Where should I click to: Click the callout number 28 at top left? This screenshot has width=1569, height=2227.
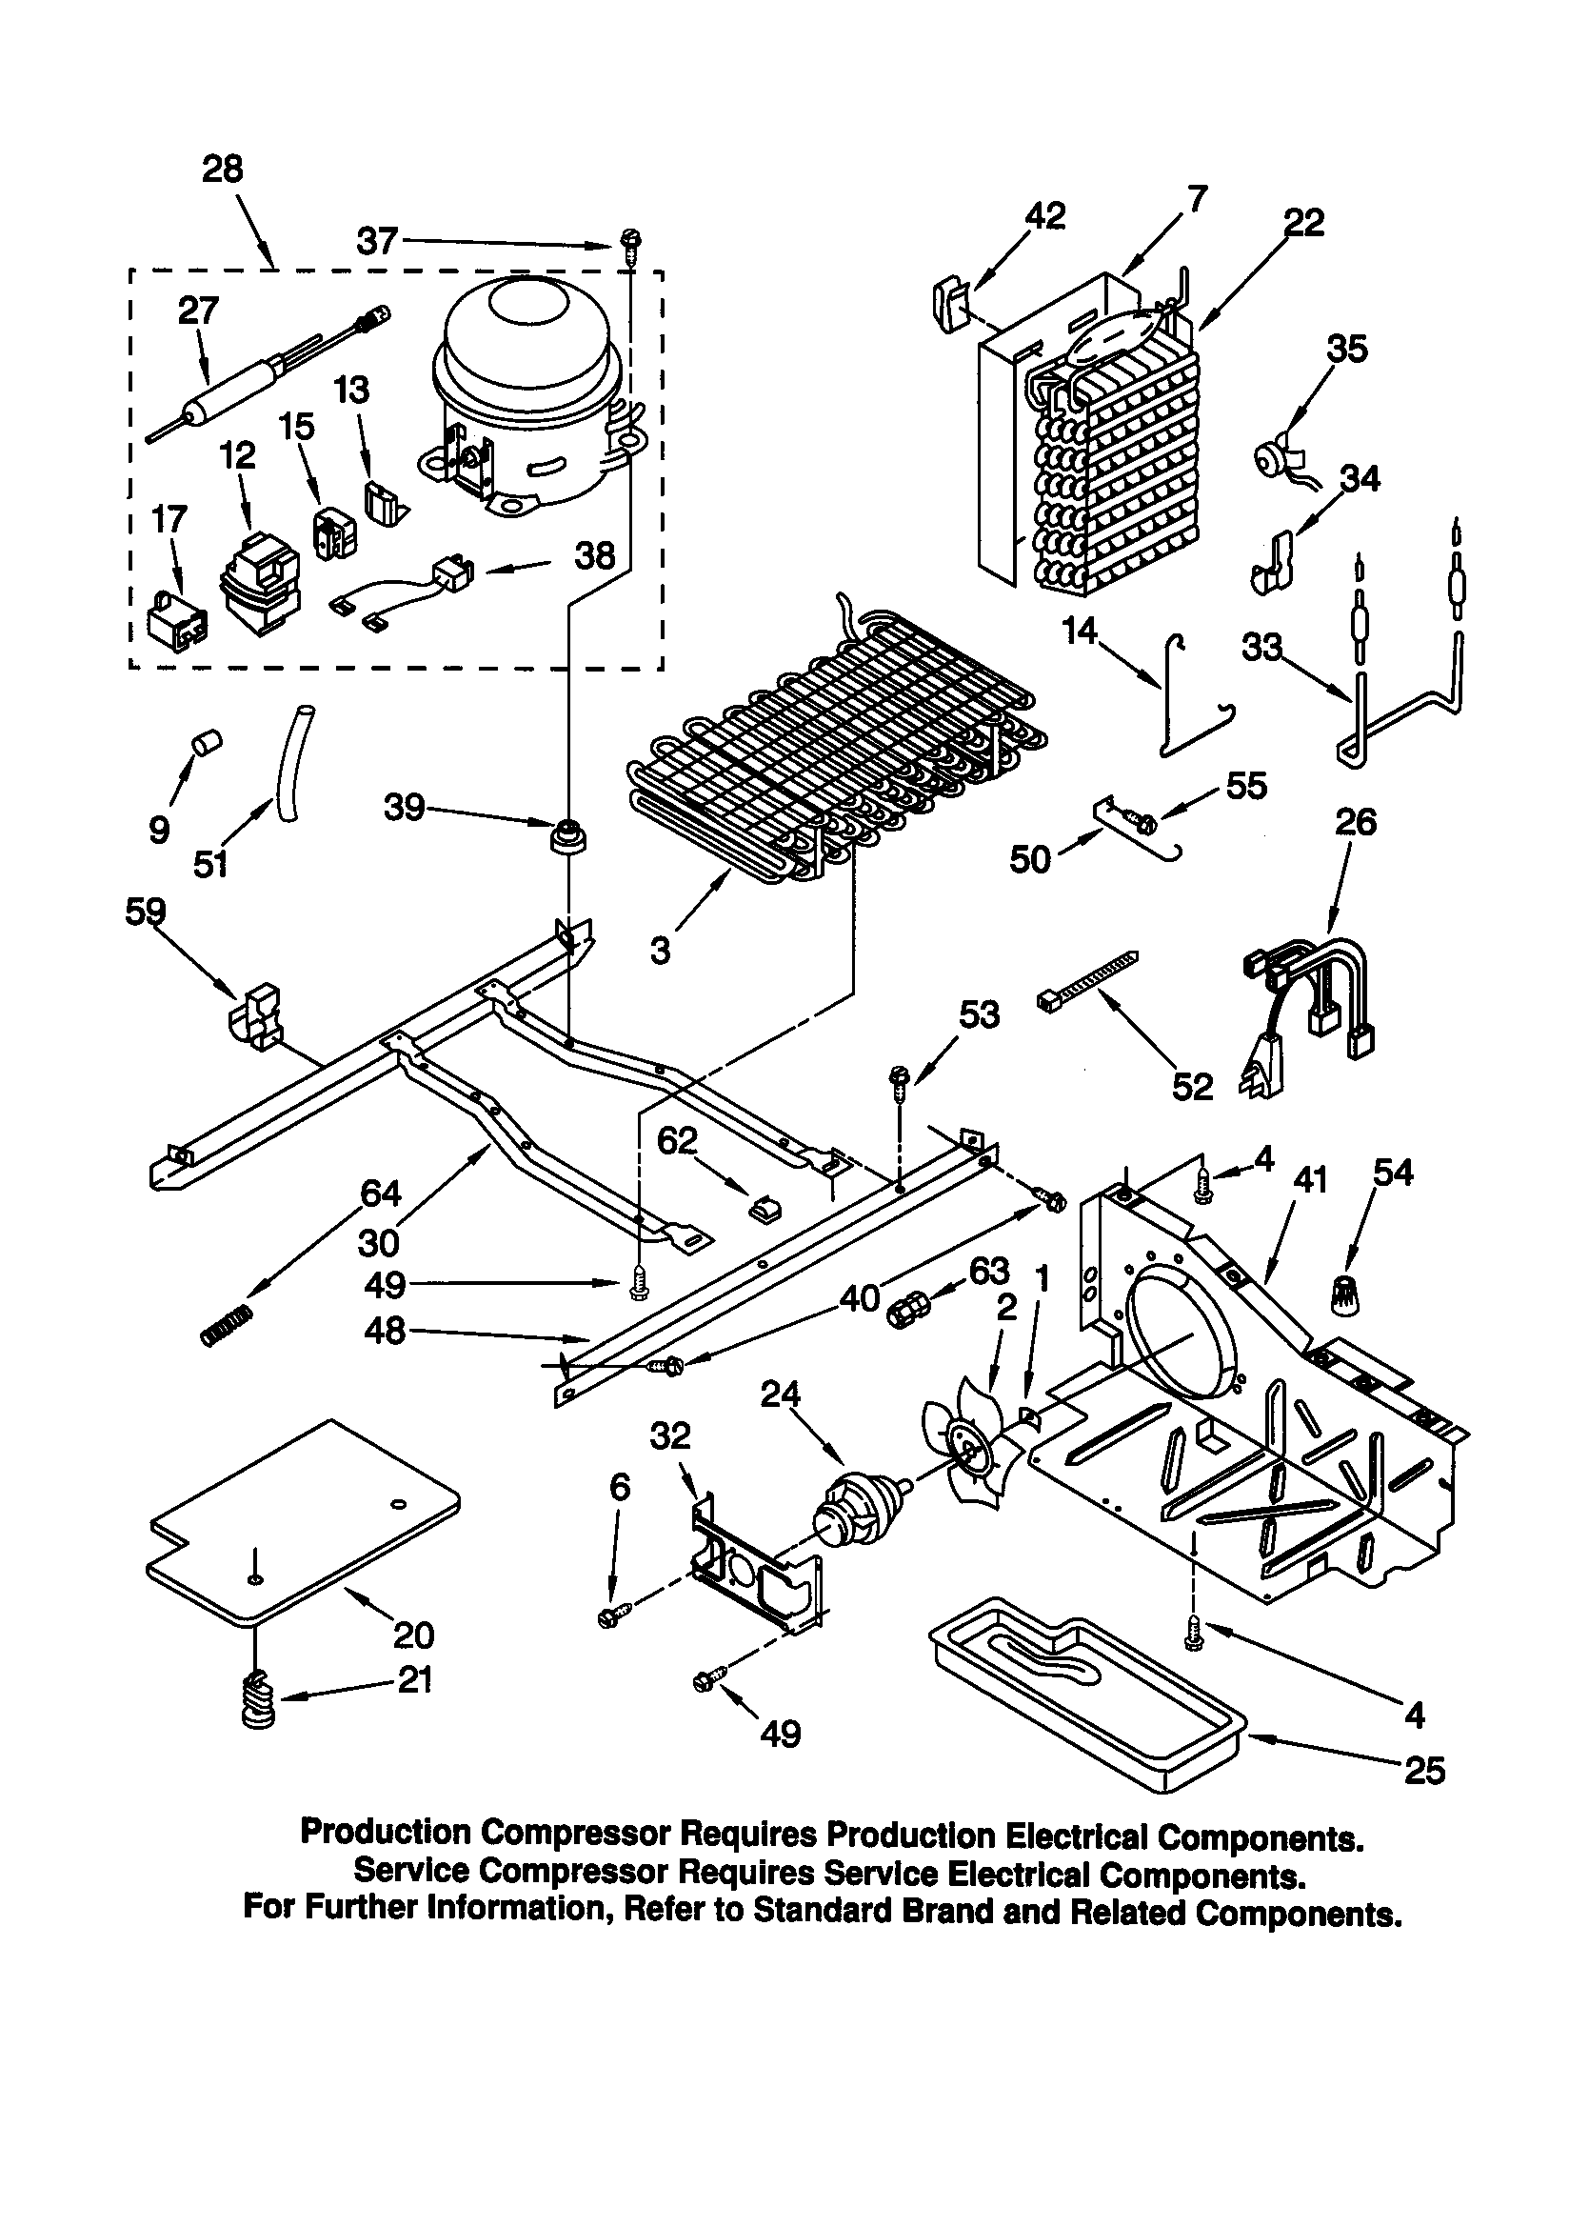pos(222,170)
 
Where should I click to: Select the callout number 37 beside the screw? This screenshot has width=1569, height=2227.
pos(376,240)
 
